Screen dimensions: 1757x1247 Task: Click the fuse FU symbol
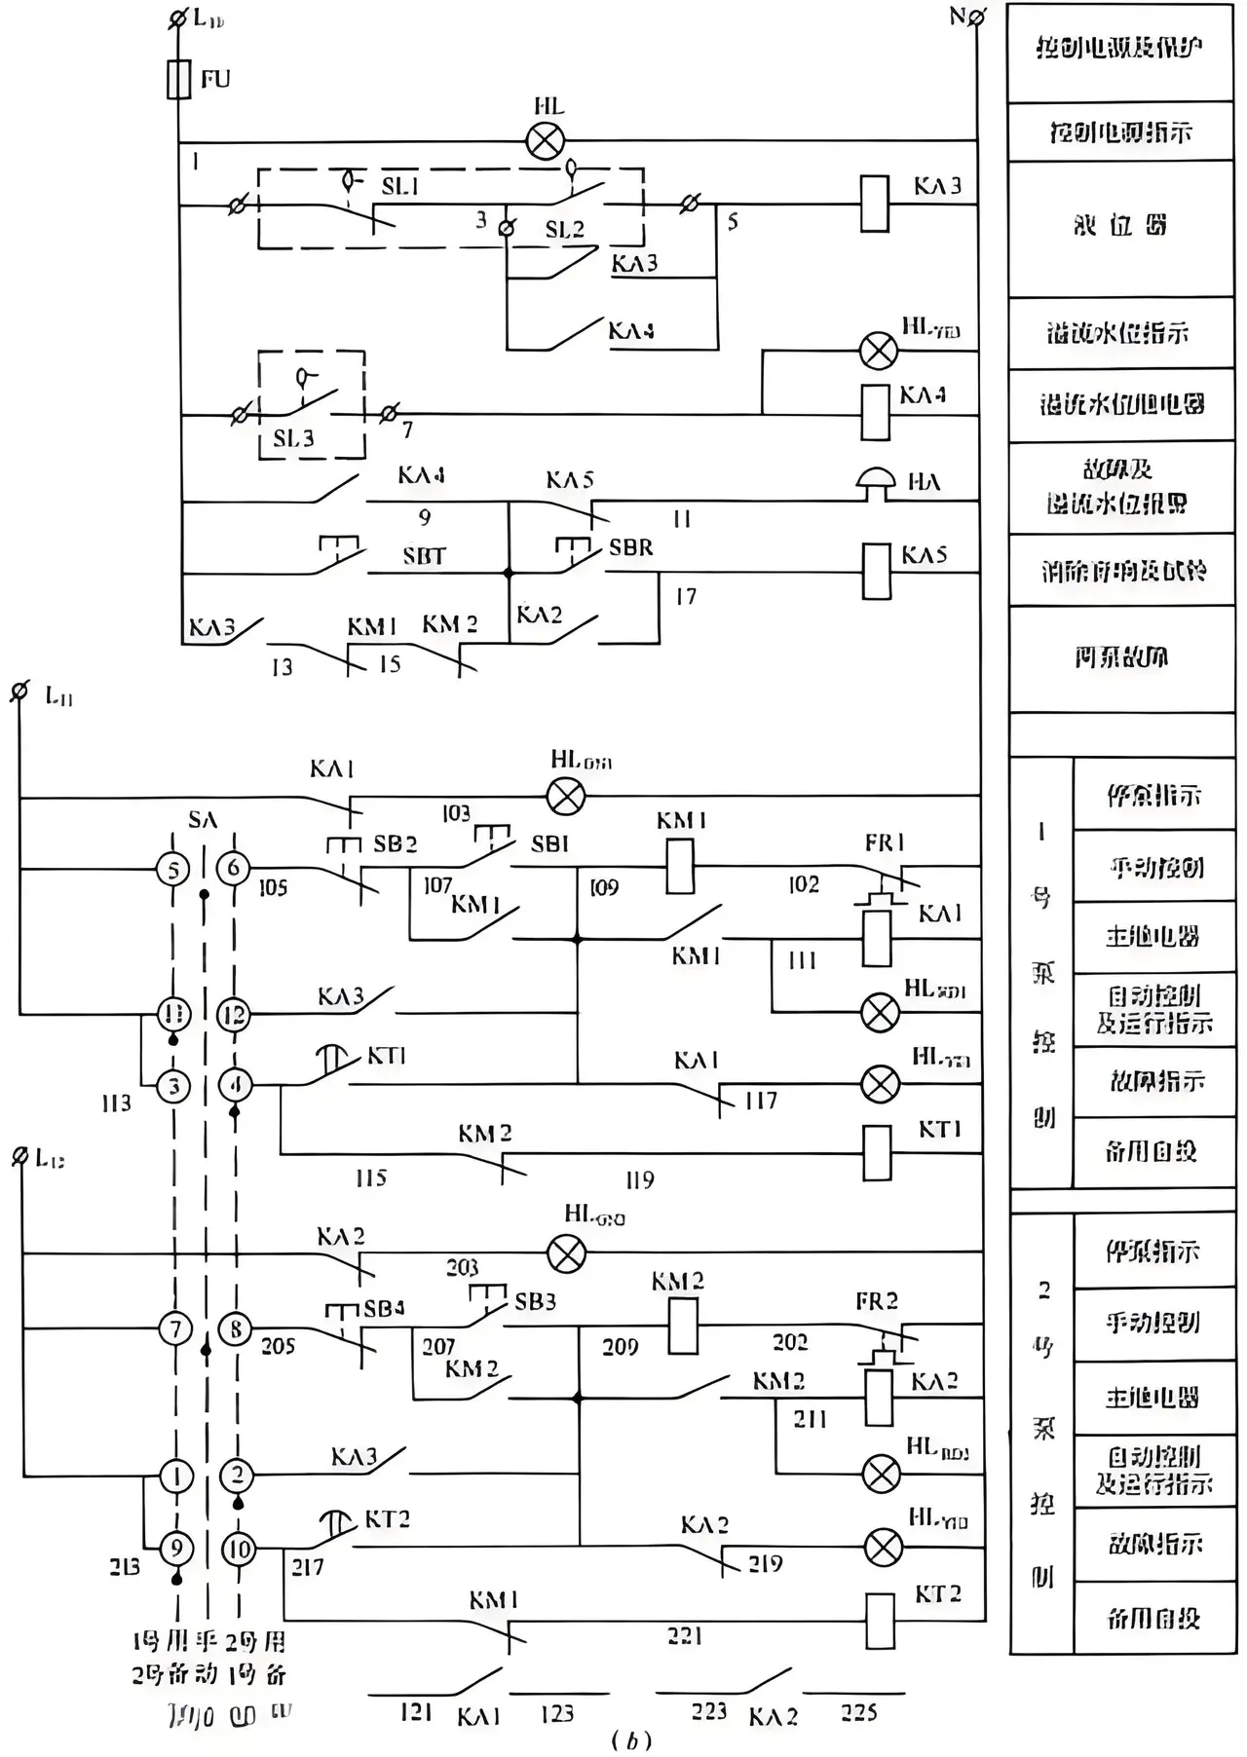178,79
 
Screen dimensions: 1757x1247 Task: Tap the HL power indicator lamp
546,141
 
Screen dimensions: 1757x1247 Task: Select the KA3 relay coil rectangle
875,204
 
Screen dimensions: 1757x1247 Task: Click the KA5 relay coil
877,571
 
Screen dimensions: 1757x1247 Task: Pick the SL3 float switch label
293,438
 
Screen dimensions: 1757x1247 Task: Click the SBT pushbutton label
424,556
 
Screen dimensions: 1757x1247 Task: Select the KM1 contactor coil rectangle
680,866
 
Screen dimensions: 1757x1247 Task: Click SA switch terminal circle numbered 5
173,869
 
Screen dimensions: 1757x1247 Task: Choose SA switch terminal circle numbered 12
234,1015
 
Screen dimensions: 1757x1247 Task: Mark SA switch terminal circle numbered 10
239,1549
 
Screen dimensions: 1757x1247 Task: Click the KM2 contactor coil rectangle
683,1326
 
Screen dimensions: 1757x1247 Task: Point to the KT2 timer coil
880,1621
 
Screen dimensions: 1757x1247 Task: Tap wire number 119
639,1180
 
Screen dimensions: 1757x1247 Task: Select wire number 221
685,1636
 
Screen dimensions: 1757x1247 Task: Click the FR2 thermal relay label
877,1301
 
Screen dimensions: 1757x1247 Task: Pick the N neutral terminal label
958,17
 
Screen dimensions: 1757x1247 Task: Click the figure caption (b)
630,1740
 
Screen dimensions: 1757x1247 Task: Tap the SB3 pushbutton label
535,1301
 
